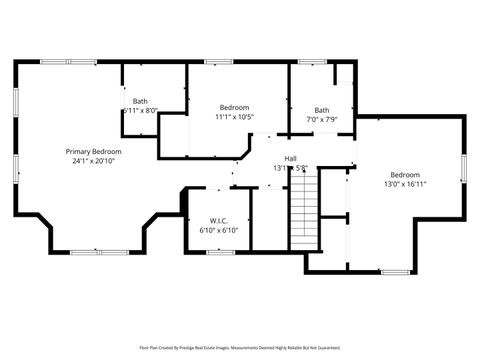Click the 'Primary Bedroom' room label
(x=93, y=151)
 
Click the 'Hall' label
(x=290, y=158)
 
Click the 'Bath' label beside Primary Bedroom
(x=140, y=101)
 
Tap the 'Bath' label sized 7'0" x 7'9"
(x=321, y=110)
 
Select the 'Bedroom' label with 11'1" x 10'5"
(x=234, y=107)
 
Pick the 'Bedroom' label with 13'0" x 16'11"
(x=405, y=175)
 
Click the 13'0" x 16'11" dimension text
(x=405, y=184)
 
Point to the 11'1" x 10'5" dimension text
(x=234, y=116)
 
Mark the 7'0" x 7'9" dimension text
(x=321, y=119)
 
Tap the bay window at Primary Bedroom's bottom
(x=98, y=252)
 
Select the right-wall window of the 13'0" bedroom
(x=464, y=170)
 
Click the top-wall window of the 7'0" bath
(x=312, y=62)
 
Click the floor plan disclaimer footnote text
(x=239, y=349)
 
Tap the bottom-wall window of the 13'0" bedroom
(x=394, y=271)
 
